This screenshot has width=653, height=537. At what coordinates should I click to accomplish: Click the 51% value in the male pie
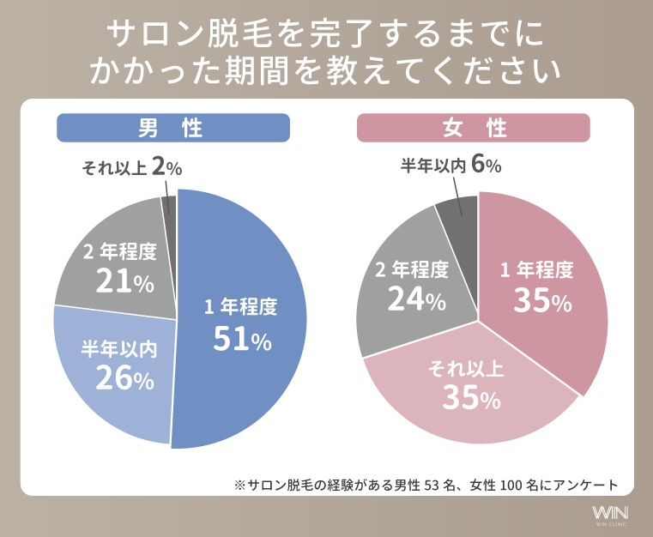pyautogui.click(x=242, y=341)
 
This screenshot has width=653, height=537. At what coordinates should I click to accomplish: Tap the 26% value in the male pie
pyautogui.click(x=124, y=377)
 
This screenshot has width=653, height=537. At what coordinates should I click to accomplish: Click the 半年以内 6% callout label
pyautogui.click(x=450, y=166)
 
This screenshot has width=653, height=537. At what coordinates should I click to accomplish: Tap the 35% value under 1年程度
pyautogui.click(x=541, y=300)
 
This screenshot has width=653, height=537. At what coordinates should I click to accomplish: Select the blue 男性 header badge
pyautogui.click(x=173, y=128)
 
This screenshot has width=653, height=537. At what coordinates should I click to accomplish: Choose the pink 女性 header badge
pyautogui.click(x=473, y=128)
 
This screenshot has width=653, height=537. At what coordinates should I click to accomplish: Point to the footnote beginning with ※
pyautogui.click(x=426, y=484)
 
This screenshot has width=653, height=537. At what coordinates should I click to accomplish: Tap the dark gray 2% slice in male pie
pyautogui.click(x=169, y=207)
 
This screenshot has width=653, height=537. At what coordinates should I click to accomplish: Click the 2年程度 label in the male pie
pyautogui.click(x=120, y=251)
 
